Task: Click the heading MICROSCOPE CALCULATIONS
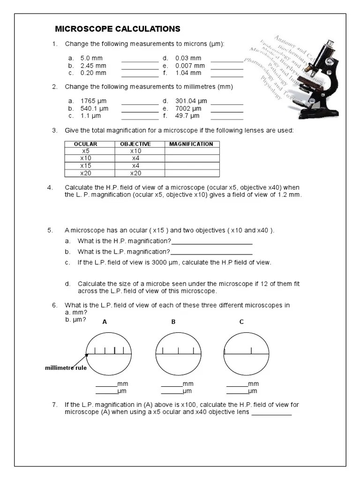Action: (x=118, y=29)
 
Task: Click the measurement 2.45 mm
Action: (x=94, y=66)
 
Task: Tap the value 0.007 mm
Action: (x=190, y=66)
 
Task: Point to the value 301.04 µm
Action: (x=191, y=101)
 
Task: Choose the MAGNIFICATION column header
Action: (x=191, y=144)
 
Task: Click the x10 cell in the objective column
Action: (x=135, y=151)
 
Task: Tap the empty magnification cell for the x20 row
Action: (x=191, y=173)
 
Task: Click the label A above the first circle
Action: (x=105, y=322)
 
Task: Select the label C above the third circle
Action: (x=241, y=322)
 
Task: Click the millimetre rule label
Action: (x=66, y=368)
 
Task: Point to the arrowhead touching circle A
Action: (x=87, y=354)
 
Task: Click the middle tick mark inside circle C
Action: (x=251, y=350)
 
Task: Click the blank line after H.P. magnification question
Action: (x=212, y=244)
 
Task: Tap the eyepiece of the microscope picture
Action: (x=330, y=45)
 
